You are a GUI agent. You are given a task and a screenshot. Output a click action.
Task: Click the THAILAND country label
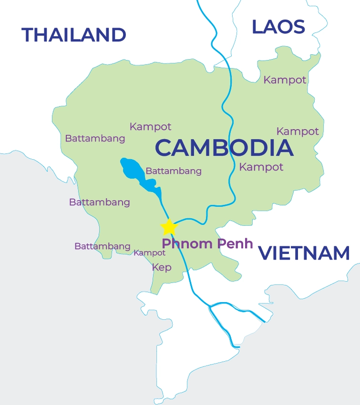[74, 35]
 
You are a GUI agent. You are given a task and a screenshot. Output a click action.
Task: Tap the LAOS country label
[278, 27]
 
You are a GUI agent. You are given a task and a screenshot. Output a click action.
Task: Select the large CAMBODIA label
[224, 148]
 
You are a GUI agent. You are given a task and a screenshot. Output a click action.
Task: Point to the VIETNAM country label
[304, 253]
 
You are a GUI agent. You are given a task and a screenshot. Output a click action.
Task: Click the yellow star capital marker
[169, 227]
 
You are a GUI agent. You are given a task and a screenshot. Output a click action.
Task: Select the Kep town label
[162, 267]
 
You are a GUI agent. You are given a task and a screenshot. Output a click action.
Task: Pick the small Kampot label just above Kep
[149, 253]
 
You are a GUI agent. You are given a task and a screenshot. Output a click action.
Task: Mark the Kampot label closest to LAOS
[285, 80]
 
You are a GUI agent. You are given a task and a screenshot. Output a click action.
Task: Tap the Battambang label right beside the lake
[174, 171]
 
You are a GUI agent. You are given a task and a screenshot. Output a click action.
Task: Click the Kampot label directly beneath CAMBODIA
[261, 167]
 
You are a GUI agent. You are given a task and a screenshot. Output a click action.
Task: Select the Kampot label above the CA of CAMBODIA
[150, 127]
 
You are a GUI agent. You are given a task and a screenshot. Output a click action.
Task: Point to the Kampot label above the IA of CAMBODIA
[298, 131]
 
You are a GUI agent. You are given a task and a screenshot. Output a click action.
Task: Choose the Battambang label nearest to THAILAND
[95, 139]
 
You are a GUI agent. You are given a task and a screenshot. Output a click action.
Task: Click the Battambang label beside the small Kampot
[102, 246]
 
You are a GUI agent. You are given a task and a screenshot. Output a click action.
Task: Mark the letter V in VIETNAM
[266, 253]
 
